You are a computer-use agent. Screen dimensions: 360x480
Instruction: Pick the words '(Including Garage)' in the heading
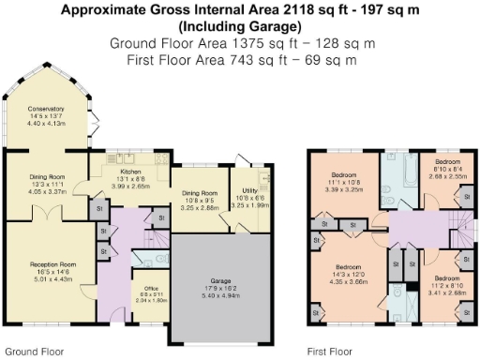[x=239, y=26]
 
